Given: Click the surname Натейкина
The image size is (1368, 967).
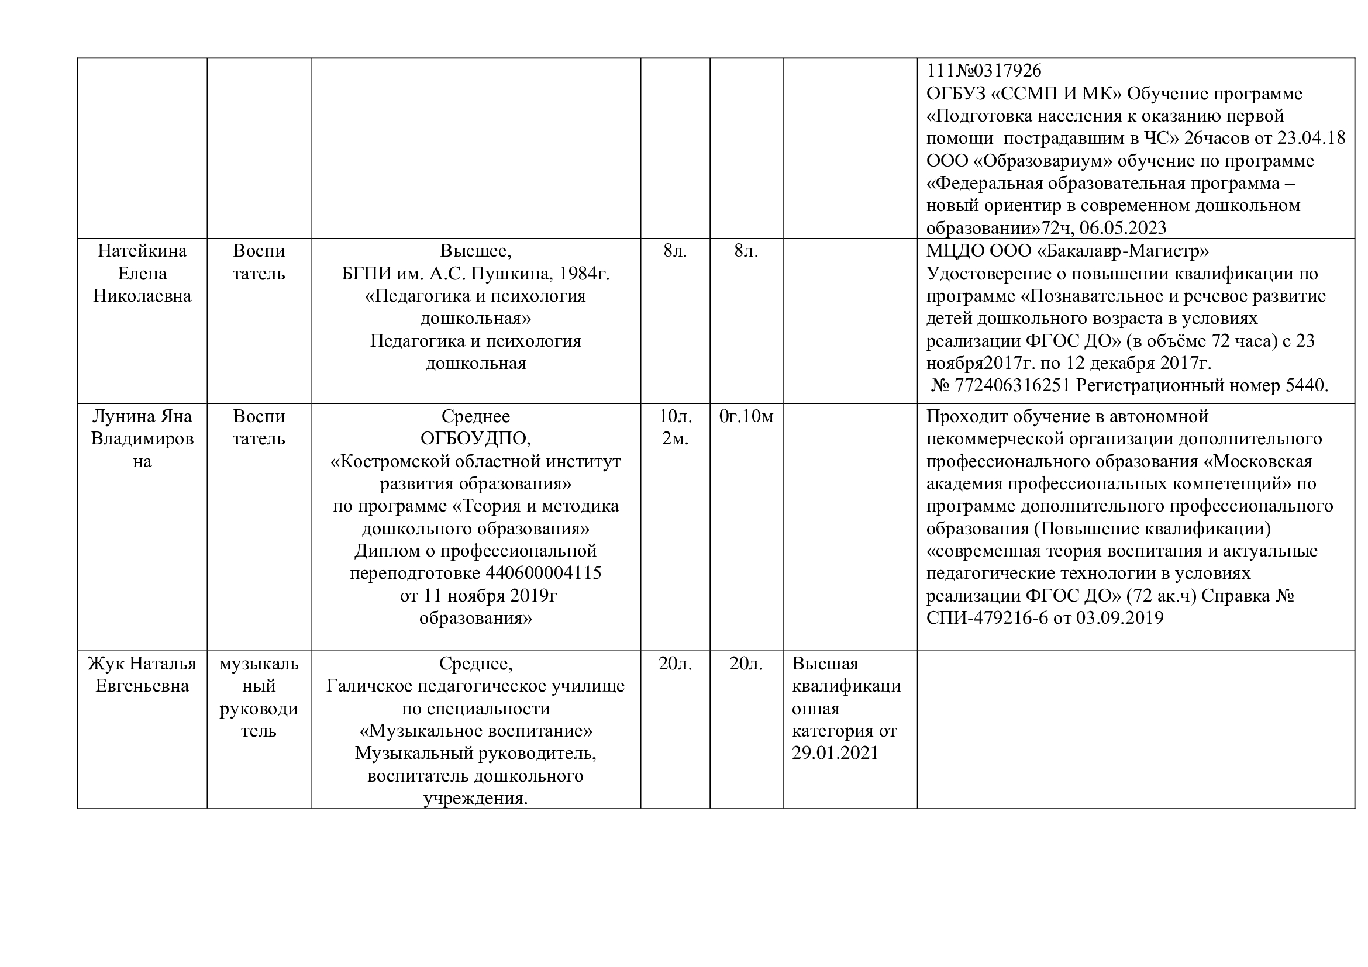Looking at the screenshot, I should coord(142,251).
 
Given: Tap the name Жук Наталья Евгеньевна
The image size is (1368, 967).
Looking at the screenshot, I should coord(142,674).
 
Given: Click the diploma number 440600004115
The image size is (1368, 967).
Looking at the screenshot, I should coord(543,573).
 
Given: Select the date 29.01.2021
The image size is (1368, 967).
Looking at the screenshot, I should coord(835,752).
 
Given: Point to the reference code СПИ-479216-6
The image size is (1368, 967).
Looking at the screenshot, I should coord(987,617).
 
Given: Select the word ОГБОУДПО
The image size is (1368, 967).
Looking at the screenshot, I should coord(475,439).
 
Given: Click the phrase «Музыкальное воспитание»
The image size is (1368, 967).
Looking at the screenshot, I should coord(475,731).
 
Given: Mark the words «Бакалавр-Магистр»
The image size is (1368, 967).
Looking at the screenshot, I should coord(1123,251).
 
